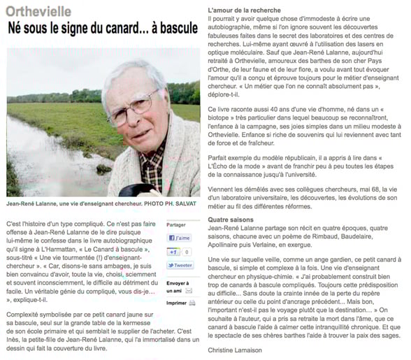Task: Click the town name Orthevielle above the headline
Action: click(x=35, y=11)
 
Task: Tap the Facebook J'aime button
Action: click(x=180, y=238)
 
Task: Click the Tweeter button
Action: click(x=180, y=266)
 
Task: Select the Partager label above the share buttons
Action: click(x=177, y=224)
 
